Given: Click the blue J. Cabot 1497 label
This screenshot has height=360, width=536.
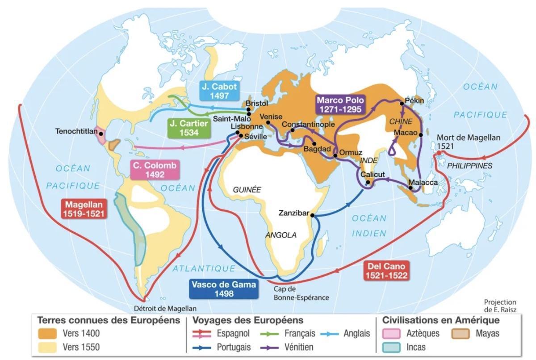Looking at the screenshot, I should click(x=218, y=91).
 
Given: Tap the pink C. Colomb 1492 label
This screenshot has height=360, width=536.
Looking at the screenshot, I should click(x=155, y=170).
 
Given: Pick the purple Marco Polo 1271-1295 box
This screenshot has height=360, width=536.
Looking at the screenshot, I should click(x=340, y=105).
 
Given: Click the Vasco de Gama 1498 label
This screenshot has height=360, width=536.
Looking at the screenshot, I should click(x=223, y=289).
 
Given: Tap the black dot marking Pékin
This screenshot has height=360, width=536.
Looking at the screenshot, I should click(x=402, y=103).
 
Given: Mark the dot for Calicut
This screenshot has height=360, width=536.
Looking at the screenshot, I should click(x=368, y=182).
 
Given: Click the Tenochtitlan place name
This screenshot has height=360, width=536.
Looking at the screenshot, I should click(x=77, y=131).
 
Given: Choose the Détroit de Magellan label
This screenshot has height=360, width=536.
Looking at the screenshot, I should click(x=165, y=308).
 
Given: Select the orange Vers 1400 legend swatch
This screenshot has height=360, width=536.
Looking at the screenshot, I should click(x=47, y=334).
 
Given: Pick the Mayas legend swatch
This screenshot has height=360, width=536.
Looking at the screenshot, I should click(x=461, y=334).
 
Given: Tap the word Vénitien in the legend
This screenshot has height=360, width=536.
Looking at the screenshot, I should click(x=299, y=347).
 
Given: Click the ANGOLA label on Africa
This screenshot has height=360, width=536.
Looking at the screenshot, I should click(x=281, y=235).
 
